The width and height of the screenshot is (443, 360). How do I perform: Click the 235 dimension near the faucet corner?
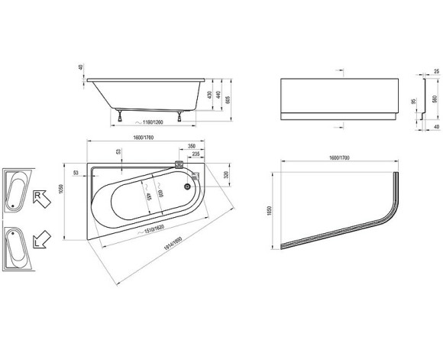click(197, 154)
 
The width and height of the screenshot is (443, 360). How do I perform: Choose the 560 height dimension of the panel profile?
click(435, 99)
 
